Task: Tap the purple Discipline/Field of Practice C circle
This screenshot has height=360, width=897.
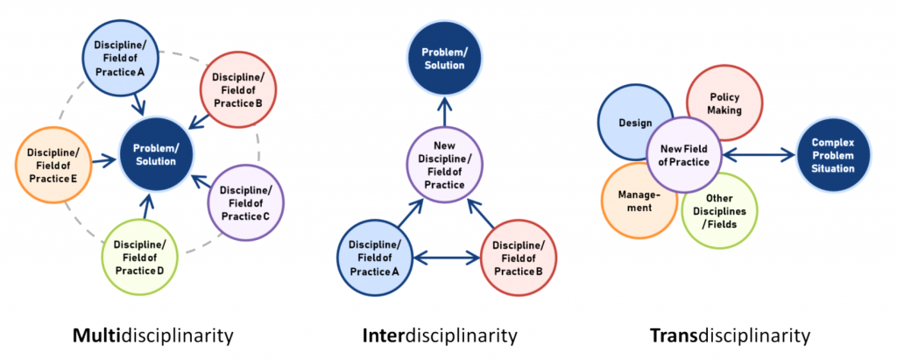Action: [245, 202]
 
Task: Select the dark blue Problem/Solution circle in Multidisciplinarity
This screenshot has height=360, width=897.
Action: [154, 155]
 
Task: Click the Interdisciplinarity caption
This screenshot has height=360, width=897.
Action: [439, 335]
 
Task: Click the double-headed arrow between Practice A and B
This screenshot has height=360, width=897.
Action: [446, 257]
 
